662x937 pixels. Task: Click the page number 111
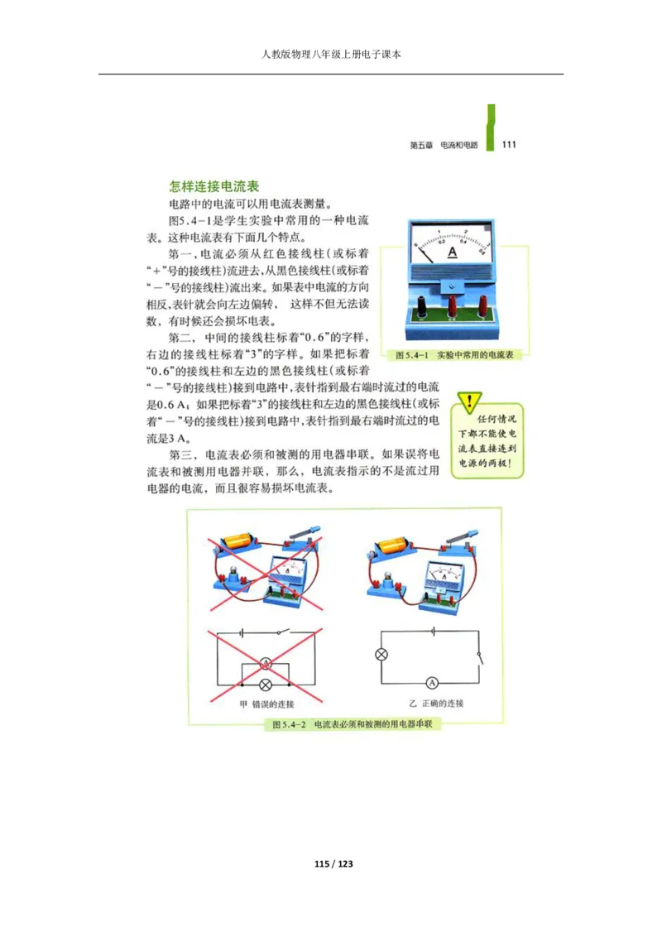point(509,144)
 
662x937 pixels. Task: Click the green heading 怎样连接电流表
point(214,188)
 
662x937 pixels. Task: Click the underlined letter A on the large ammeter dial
point(453,251)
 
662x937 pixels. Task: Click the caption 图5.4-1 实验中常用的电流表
point(455,354)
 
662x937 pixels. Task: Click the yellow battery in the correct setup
point(390,545)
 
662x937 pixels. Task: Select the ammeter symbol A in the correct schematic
point(430,683)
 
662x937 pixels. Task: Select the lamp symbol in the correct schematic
point(381,655)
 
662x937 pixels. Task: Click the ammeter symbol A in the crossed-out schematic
point(266,664)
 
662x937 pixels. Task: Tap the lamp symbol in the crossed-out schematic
point(266,685)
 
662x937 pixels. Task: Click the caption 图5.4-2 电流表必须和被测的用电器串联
point(356,724)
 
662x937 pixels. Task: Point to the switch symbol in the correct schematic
point(478,658)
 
